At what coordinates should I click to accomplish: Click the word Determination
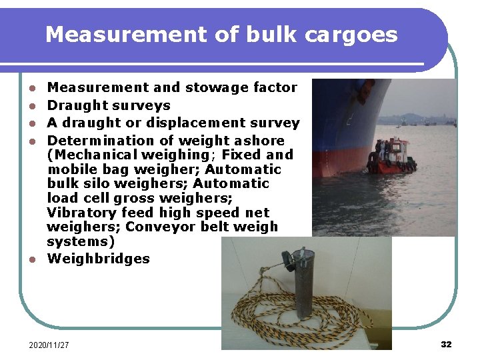pos(100,141)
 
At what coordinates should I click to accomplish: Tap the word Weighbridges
pos(99,259)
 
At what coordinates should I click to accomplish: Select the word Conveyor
pos(159,227)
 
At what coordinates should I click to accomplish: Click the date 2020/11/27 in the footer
pos(49,345)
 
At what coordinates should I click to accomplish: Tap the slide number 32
pos(446,344)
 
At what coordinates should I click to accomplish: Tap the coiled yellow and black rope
pos(267,313)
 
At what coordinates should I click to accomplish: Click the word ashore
pos(259,141)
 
